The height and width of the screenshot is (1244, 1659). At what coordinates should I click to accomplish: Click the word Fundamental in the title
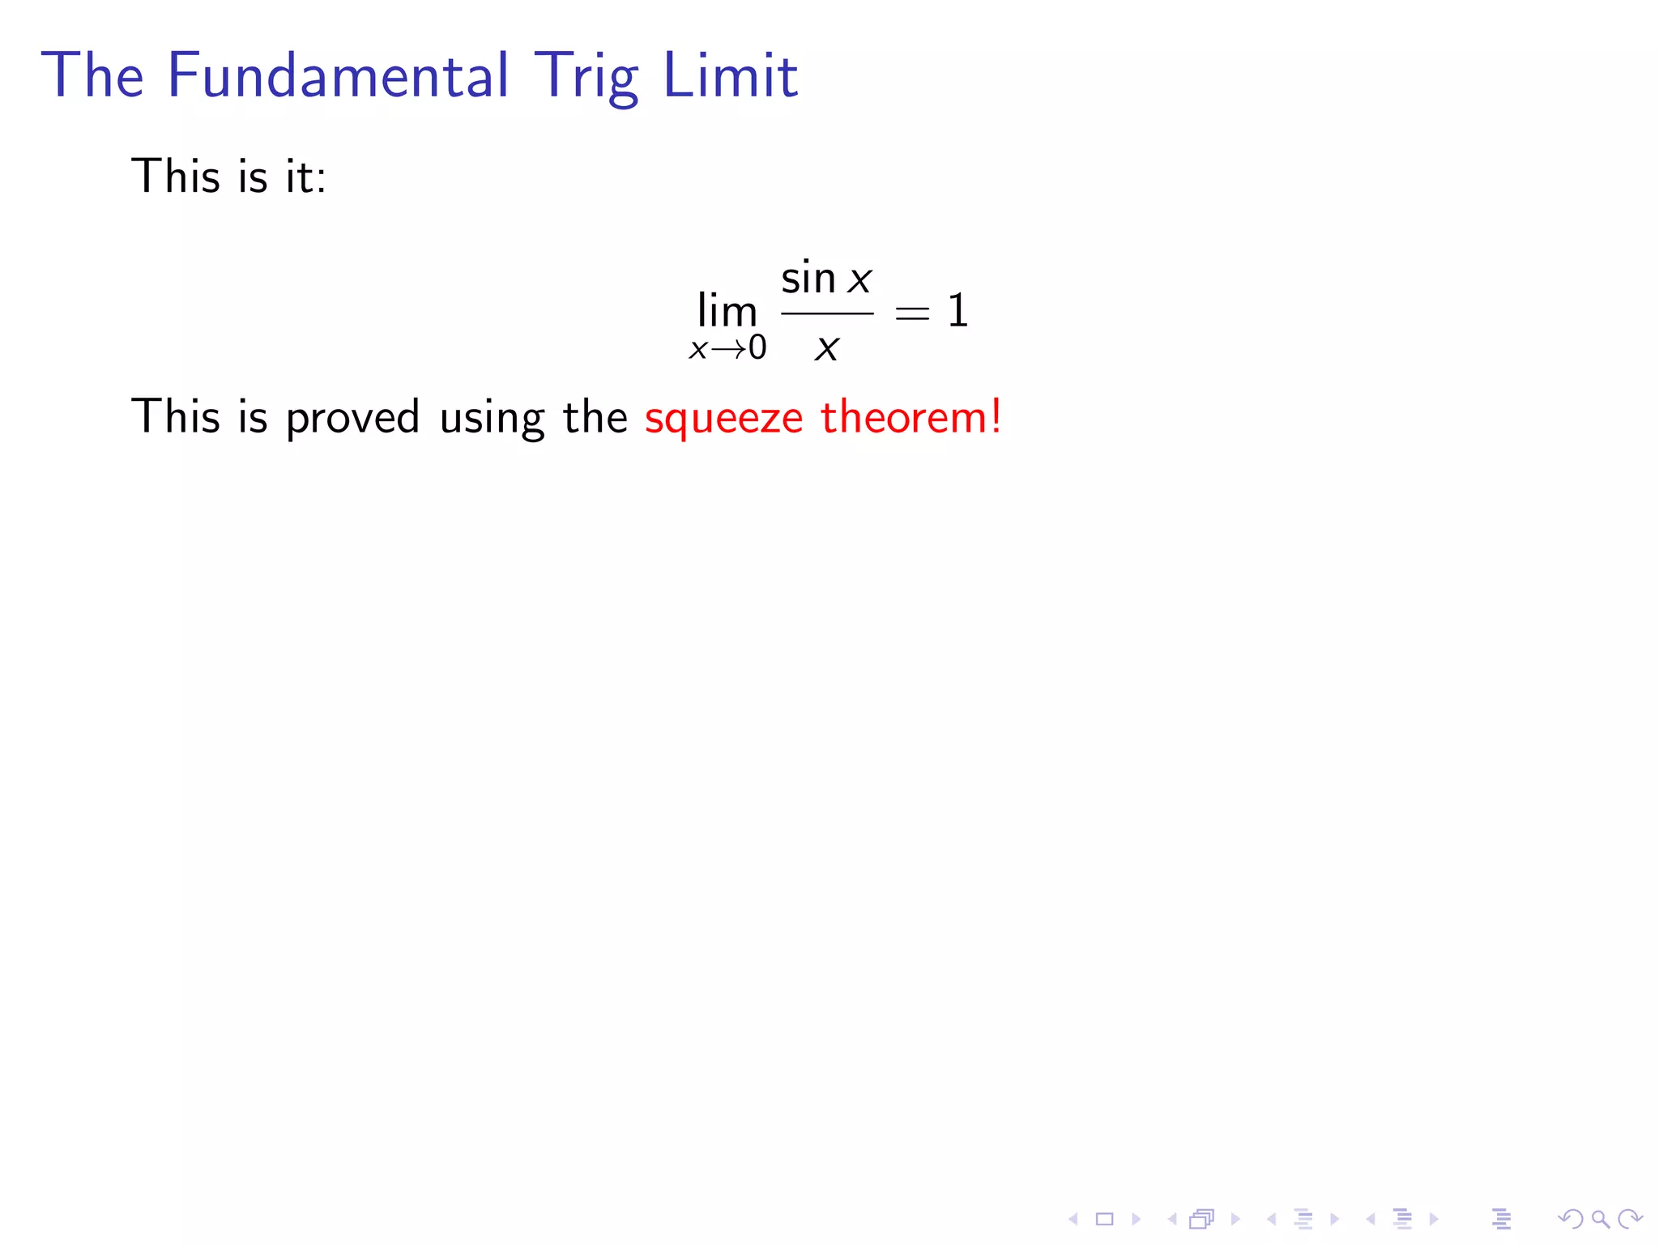tap(338, 75)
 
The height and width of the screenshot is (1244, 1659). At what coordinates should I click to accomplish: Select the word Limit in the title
tap(730, 75)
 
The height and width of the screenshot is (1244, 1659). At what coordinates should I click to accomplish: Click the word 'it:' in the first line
tap(305, 177)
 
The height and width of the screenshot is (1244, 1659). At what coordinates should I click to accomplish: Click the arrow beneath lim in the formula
tap(728, 349)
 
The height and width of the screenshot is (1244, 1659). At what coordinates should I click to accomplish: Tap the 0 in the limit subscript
tap(757, 347)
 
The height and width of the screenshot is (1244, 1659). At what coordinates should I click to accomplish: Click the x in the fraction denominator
tap(826, 349)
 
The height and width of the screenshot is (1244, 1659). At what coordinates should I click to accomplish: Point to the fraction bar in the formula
tap(826, 313)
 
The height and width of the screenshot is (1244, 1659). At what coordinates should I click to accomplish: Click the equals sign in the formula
tap(912, 312)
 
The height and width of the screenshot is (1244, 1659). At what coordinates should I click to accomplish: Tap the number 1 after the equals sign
tap(957, 310)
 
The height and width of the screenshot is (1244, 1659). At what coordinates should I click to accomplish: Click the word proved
tap(352, 418)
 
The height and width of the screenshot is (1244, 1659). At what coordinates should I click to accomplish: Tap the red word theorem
tap(902, 417)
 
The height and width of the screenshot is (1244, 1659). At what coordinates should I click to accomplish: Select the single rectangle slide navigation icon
tap(1105, 1219)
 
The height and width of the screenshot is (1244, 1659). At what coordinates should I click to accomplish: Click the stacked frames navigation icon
tap(1202, 1219)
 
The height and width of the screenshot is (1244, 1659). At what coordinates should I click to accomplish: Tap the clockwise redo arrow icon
tap(1629, 1219)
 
